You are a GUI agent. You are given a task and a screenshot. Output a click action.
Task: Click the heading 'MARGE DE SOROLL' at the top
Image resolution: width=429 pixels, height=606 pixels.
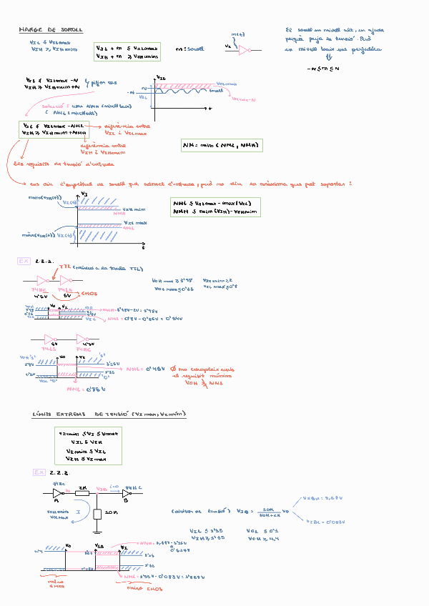point(51,30)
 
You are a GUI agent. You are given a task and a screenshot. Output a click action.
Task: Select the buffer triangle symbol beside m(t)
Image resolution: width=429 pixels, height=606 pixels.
point(245,50)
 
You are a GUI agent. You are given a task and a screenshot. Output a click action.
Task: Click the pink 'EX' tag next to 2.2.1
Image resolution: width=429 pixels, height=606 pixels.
point(23,262)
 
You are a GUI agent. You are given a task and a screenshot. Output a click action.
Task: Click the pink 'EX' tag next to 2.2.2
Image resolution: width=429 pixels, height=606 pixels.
point(39,472)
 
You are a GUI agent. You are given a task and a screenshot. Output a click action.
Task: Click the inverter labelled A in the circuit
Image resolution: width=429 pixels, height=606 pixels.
point(57,492)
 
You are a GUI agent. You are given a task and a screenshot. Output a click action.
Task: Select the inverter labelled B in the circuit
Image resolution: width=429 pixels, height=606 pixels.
point(127,493)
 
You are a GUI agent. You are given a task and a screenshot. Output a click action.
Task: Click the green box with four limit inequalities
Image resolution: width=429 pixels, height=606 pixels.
point(88,446)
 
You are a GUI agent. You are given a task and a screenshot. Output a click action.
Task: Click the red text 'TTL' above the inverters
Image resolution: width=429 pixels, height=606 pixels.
point(65,268)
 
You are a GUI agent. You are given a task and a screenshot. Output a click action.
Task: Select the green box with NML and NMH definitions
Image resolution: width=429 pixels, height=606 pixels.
point(216,207)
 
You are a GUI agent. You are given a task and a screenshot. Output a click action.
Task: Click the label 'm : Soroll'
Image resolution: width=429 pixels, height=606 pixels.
point(189,49)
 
